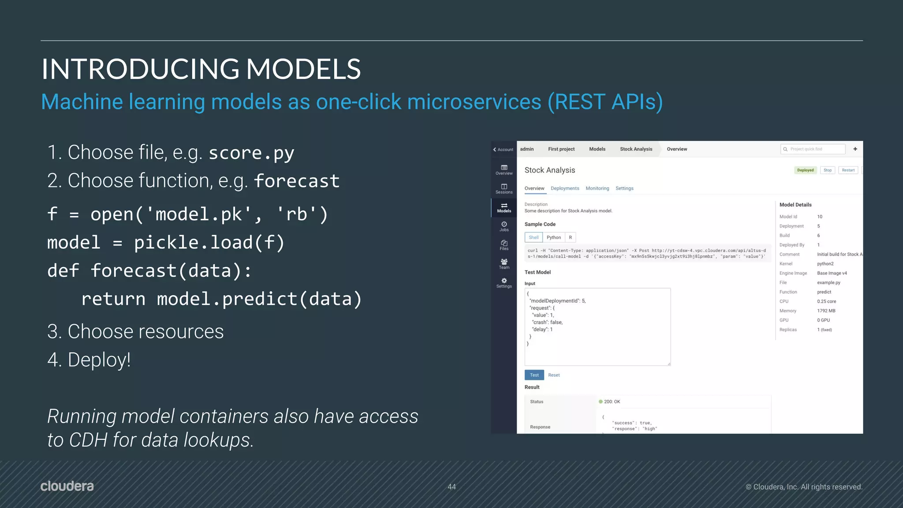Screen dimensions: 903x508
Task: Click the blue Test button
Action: [534, 375]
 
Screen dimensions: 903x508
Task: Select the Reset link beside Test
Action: [554, 375]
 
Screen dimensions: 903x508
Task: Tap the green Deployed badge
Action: [805, 170]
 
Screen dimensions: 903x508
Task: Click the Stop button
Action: [828, 170]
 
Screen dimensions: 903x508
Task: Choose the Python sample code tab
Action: [554, 237]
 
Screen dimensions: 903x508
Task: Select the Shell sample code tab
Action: [534, 237]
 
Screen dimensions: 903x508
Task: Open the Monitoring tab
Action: [597, 189]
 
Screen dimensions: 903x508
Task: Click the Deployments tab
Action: [565, 189]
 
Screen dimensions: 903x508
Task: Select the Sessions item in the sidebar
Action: [504, 189]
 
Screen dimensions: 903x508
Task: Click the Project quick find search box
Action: [813, 149]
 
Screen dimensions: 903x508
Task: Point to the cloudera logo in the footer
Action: [67, 486]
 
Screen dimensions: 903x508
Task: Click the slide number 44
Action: [451, 487]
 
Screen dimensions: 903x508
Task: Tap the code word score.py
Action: [251, 153]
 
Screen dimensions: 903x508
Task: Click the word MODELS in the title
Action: [303, 69]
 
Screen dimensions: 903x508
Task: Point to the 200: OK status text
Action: [612, 402]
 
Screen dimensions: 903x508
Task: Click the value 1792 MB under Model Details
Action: [826, 311]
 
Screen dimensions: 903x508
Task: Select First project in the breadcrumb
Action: [561, 149]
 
